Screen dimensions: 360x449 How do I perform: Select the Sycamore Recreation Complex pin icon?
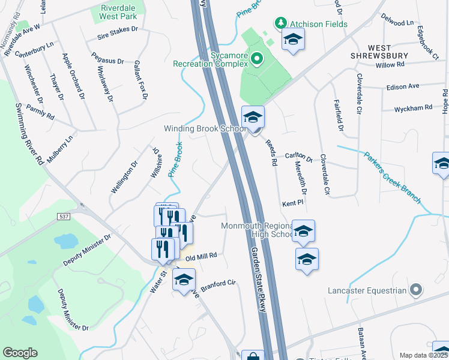pos(257,59)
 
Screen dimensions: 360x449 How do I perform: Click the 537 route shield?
pos(64,216)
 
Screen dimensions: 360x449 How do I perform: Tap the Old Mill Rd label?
pos(200,257)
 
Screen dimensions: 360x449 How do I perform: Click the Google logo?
pos(20,353)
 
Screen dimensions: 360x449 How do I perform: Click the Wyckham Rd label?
pos(413,109)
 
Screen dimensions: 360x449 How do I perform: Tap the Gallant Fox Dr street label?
pos(140,79)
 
